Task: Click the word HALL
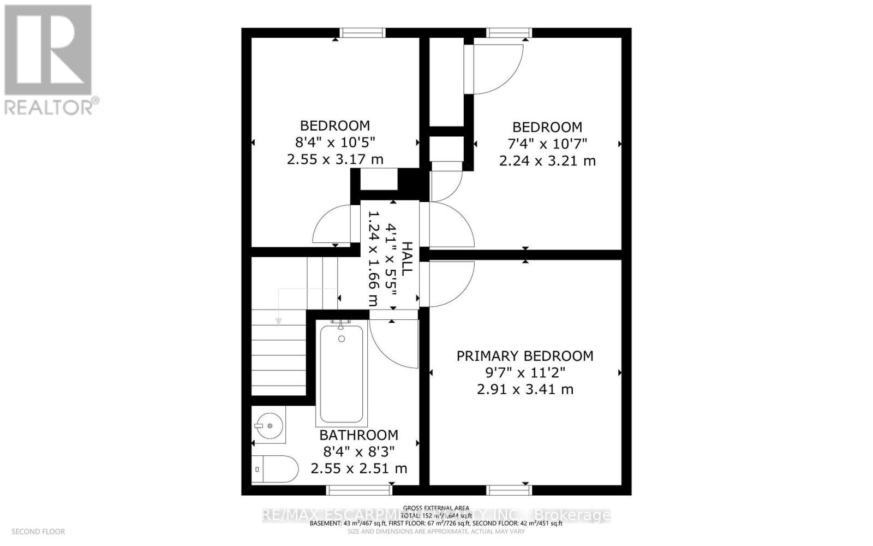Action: [406, 258]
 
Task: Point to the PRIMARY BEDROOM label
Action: [524, 356]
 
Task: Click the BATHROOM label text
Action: [358, 435]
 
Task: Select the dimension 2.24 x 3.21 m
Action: [547, 161]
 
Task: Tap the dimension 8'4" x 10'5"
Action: [335, 143]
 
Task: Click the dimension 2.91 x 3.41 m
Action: [525, 389]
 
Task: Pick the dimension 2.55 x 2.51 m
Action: [358, 468]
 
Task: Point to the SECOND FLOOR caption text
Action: [38, 531]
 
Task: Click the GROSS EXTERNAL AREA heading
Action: [436, 508]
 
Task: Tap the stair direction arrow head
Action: [278, 322]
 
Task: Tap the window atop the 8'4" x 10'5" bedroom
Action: [358, 33]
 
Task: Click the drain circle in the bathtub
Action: [342, 339]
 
